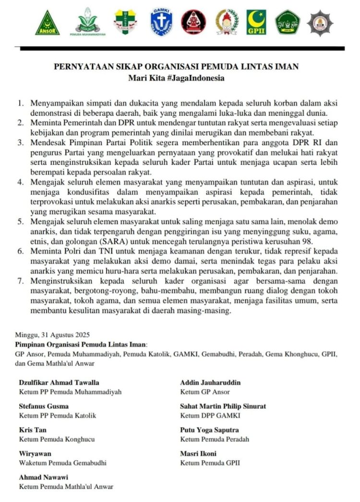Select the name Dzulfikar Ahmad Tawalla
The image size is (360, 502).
coord(59,382)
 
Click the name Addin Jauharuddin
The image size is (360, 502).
coord(210,382)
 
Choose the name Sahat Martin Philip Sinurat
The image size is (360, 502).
coord(223,406)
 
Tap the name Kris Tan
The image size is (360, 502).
coord(33,429)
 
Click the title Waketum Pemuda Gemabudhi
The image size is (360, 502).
coord(62,463)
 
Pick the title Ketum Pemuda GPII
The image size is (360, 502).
coord(210,463)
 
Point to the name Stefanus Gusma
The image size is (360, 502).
coord(43,406)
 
